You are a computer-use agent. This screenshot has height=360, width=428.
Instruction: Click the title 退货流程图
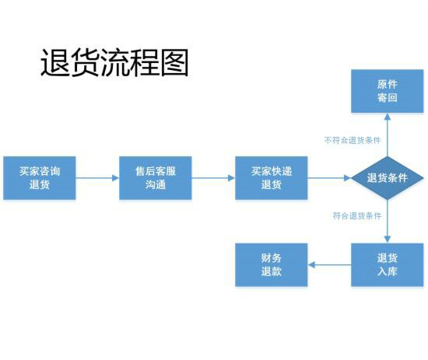pyautogui.click(x=114, y=62)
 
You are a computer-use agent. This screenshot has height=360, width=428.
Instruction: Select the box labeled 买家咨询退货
pyautogui.click(x=40, y=178)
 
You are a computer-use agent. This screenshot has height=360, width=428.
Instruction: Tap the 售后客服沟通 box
pyautogui.click(x=155, y=178)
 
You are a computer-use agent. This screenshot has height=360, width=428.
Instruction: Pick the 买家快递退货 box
pyautogui.click(x=271, y=178)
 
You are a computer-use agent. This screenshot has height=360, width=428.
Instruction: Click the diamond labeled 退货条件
pyautogui.click(x=387, y=178)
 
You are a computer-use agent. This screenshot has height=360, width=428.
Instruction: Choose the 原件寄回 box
pyautogui.click(x=387, y=91)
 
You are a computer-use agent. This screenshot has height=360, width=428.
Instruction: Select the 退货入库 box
pyautogui.click(x=387, y=265)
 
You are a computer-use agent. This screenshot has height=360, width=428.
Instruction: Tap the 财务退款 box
pyautogui.click(x=271, y=265)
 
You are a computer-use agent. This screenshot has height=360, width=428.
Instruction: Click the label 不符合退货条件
pyautogui.click(x=352, y=141)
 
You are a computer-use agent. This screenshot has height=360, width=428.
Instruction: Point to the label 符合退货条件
pyautogui.click(x=356, y=215)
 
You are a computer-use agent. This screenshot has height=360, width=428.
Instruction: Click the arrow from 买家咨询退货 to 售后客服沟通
pyautogui.click(x=97, y=178)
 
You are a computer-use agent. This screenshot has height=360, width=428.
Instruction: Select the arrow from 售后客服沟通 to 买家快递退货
pyautogui.click(x=213, y=178)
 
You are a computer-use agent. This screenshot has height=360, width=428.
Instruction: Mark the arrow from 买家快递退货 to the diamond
pyautogui.click(x=328, y=178)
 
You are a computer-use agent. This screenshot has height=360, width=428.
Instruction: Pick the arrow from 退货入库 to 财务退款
pyautogui.click(x=328, y=265)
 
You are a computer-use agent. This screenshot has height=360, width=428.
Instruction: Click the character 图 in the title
pyautogui.click(x=174, y=62)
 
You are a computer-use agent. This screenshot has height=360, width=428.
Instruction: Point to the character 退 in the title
pyautogui.click(x=54, y=62)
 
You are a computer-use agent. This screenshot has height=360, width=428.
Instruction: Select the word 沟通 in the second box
pyautogui.click(x=155, y=185)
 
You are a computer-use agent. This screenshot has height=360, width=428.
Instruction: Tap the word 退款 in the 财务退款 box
pyautogui.click(x=271, y=272)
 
